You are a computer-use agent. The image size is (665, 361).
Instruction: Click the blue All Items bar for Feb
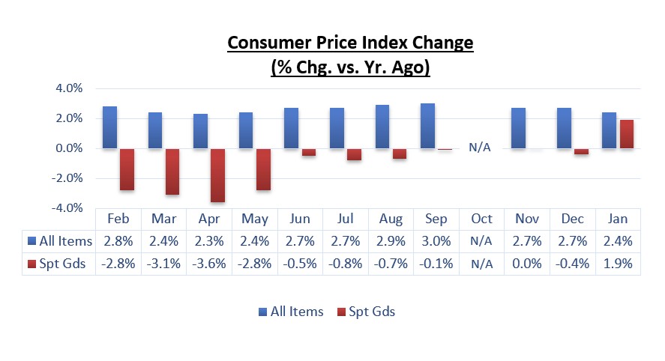pos(109,127)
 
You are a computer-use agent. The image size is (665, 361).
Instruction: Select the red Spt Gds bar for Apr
pos(217,175)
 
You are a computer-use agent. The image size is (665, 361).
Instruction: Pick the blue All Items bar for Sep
pos(427,126)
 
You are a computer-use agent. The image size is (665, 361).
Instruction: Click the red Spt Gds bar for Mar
pos(172,172)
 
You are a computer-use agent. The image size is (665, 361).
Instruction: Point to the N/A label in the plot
pos(480,147)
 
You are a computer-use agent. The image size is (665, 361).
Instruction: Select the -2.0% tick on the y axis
pos(66,178)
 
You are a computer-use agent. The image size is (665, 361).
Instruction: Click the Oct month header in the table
pos(481,219)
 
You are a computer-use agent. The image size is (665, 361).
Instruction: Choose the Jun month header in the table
pos(300,219)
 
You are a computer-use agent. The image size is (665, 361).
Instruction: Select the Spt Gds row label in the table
pos(59,264)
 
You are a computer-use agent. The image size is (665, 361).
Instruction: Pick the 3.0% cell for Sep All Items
pos(436,241)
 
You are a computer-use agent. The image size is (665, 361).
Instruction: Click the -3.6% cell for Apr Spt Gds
pos(208,264)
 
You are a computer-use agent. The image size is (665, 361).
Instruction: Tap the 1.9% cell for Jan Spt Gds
pos(618,264)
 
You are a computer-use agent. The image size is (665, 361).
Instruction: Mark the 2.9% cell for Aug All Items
pos(391,241)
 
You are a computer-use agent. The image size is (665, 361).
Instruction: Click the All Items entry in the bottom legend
pos(291,312)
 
